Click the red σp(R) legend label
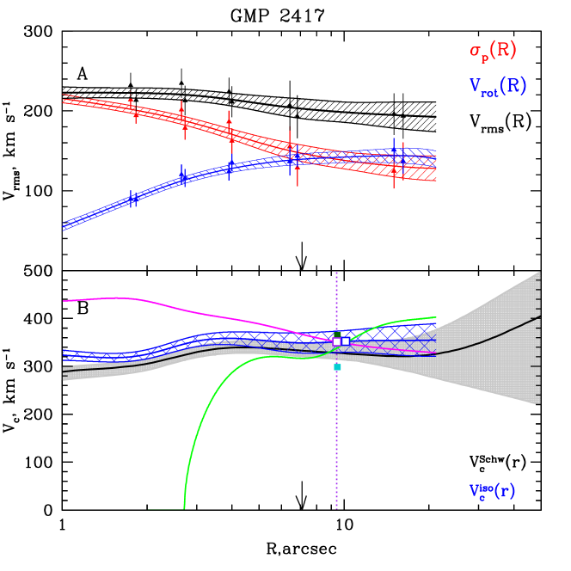pos(493,51)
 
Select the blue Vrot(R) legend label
pos(497,86)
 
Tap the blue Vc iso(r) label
pos(492,492)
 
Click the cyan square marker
pos(337,367)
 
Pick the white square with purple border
pos(336,341)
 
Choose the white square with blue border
pos(346,341)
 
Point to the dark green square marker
pos(337,334)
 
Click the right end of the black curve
pos(538,318)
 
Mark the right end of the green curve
pos(435,318)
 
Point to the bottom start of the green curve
pos(184,507)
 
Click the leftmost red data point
pos(132,108)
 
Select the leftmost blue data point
pos(132,200)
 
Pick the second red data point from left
pos(182,120)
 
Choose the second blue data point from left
pos(182,176)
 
